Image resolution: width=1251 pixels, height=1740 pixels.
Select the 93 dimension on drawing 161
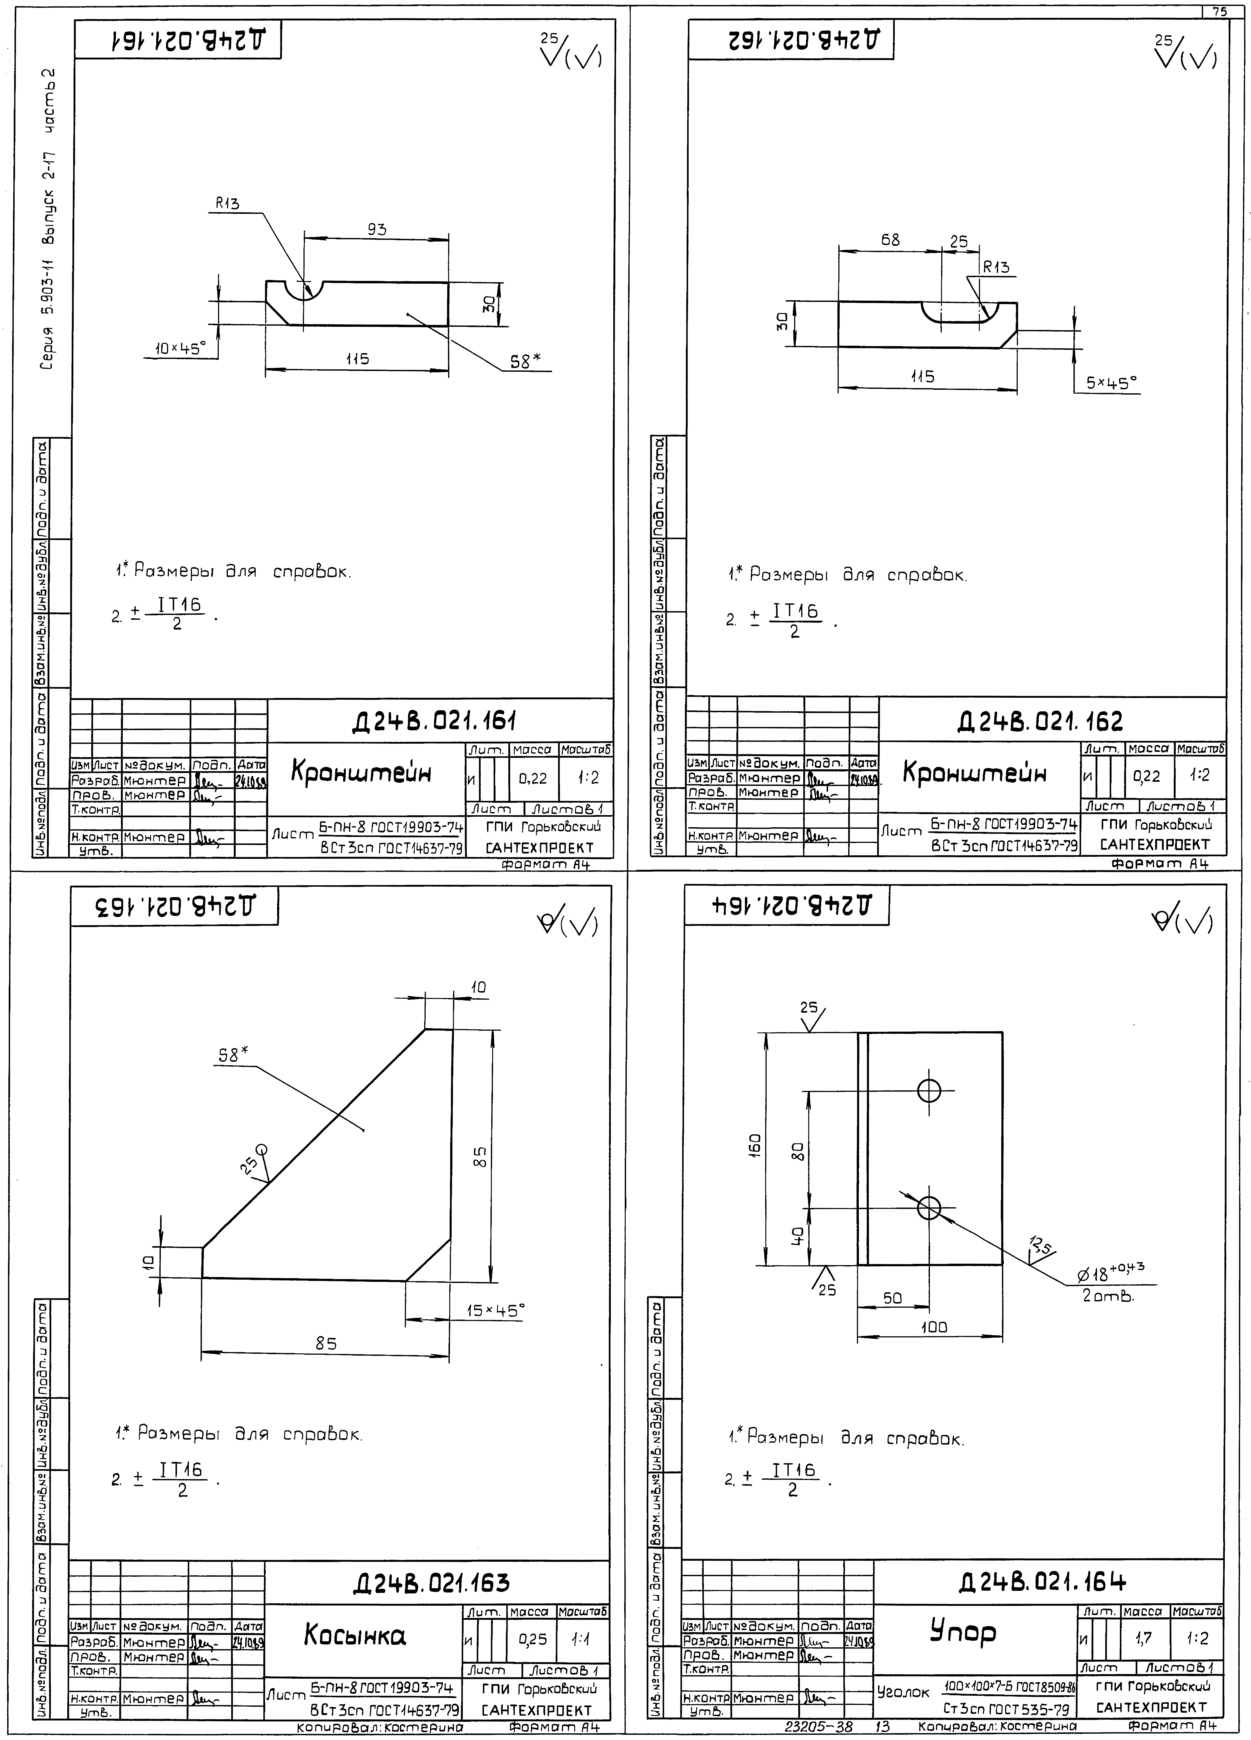pyautogui.click(x=377, y=229)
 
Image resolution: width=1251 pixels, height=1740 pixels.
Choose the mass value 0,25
pyautogui.click(x=532, y=1639)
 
